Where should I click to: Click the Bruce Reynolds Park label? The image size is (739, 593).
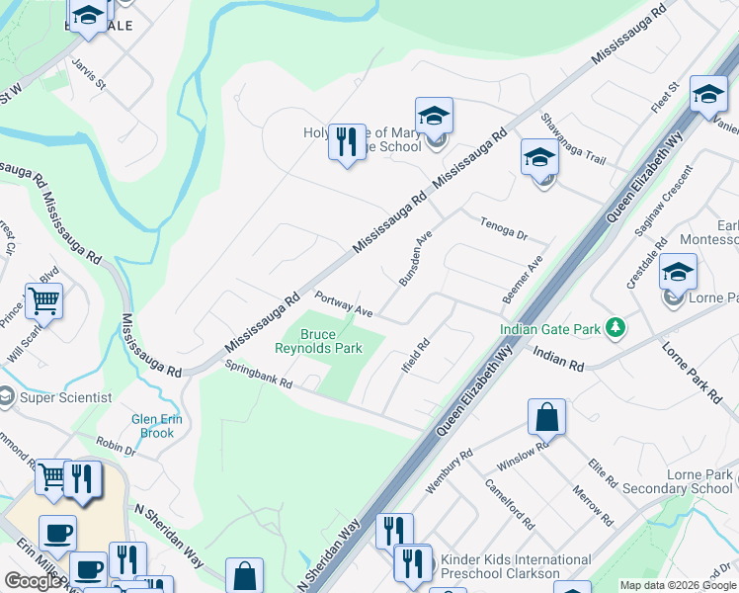331,341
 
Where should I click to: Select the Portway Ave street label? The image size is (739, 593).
343,303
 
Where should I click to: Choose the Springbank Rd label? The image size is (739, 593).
259,374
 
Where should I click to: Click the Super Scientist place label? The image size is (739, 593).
67,397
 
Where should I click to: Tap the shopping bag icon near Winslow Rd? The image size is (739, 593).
546,417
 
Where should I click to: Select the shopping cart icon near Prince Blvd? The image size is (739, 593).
43,300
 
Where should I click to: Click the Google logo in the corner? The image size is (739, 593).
33,581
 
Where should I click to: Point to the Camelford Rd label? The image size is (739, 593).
509,503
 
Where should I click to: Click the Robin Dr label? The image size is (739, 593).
117,447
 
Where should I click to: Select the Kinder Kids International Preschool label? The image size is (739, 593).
516,566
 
